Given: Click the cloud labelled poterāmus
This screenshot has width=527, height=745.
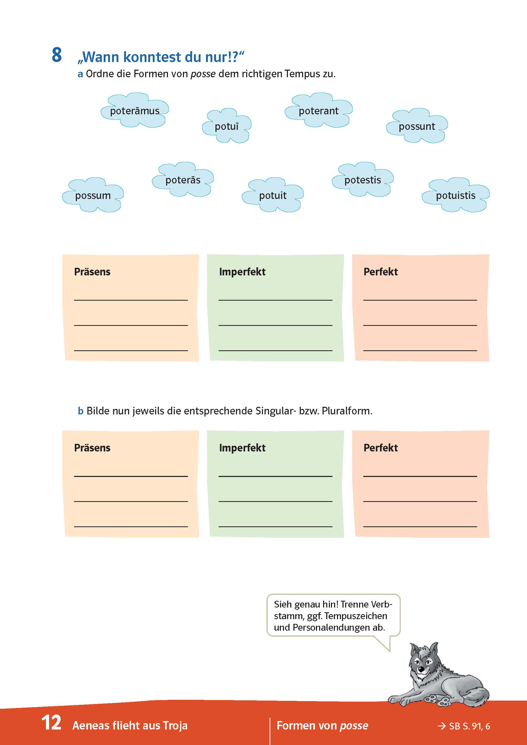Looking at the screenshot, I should (x=135, y=111).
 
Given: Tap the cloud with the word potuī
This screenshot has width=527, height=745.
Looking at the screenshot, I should (x=226, y=126).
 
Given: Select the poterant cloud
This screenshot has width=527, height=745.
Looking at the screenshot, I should (x=318, y=111).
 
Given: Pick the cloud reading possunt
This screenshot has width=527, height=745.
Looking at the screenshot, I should (x=417, y=126).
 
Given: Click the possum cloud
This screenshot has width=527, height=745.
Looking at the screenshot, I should (x=93, y=195).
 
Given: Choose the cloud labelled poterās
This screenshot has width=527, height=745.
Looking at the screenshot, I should (x=183, y=180).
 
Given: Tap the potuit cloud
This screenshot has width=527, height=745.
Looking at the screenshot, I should (x=273, y=195).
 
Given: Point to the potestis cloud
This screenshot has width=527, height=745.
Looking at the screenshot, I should (x=362, y=180).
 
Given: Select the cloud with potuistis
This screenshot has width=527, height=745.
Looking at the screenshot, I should (x=456, y=195).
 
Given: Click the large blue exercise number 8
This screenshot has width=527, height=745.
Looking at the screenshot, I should (x=57, y=55).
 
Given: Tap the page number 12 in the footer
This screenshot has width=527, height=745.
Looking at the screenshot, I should (x=51, y=723).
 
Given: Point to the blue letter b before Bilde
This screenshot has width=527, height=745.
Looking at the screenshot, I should (x=81, y=411).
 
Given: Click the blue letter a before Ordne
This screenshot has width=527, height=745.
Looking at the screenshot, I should (x=80, y=74).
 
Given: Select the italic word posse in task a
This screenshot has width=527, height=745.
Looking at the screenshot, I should (x=203, y=74).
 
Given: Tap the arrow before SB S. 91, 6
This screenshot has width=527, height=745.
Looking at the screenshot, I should (x=441, y=726).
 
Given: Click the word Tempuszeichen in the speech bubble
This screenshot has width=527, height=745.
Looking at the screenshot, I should (x=356, y=616).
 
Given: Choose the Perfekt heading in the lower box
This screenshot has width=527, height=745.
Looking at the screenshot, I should (x=380, y=448).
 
